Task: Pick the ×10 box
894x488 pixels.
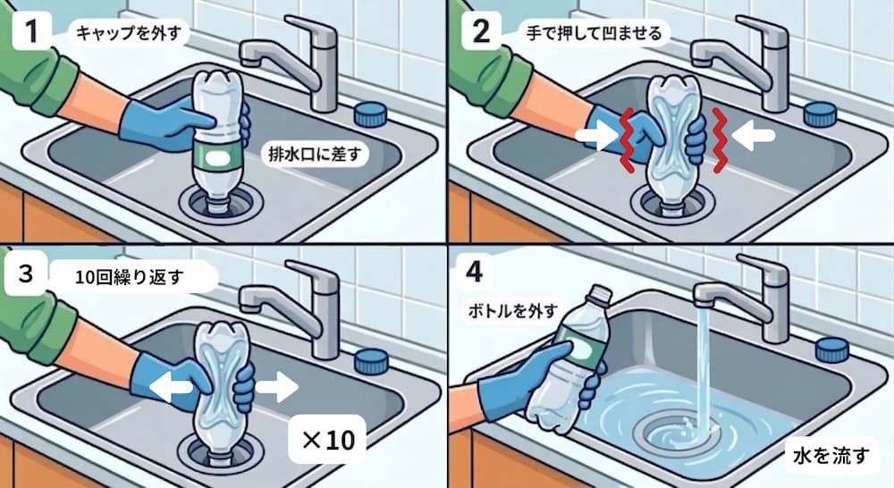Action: pyautogui.click(x=327, y=439)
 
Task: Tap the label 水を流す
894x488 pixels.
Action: pyautogui.click(x=831, y=458)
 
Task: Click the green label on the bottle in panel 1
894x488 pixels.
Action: pyautogui.click(x=216, y=157)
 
